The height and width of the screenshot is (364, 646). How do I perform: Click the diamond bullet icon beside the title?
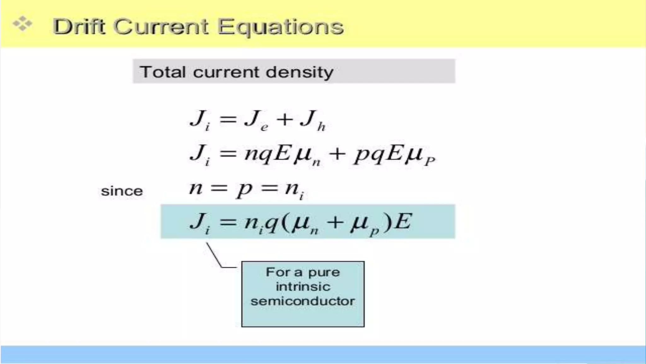point(22,24)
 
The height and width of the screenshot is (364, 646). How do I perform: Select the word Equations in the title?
point(280,27)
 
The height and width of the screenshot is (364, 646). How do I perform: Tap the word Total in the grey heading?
point(162,72)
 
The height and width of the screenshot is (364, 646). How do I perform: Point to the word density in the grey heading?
point(299,72)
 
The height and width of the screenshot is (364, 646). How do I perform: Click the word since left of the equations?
point(122,191)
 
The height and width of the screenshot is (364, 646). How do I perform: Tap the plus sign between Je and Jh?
point(285,119)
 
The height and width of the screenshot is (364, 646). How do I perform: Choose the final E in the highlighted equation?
point(403,221)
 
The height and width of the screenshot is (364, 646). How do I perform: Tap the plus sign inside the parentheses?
point(335,221)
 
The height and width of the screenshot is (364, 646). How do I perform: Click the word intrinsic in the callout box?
point(303,287)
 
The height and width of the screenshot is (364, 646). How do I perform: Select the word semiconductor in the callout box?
point(303,301)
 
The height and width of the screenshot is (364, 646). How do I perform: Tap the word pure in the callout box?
point(324,272)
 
